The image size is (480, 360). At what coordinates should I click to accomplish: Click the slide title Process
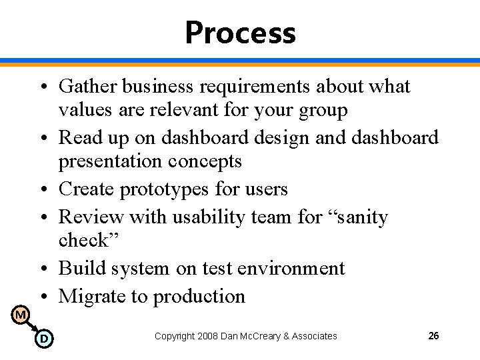pos(240,33)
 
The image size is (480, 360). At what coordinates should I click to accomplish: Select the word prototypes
pos(165,189)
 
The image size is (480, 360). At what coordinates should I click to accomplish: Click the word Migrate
pos(91,296)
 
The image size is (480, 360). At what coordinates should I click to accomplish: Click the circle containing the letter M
pos(21,314)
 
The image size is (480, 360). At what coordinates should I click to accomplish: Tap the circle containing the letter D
pos(43,339)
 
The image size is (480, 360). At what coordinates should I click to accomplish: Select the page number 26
pos(433,336)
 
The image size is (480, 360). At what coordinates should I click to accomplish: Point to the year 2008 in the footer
pos(208,336)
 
